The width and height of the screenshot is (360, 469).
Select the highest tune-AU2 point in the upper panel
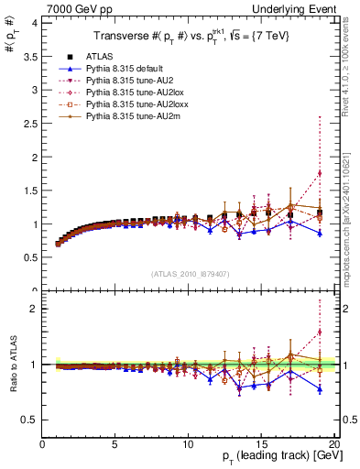[320, 173]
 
